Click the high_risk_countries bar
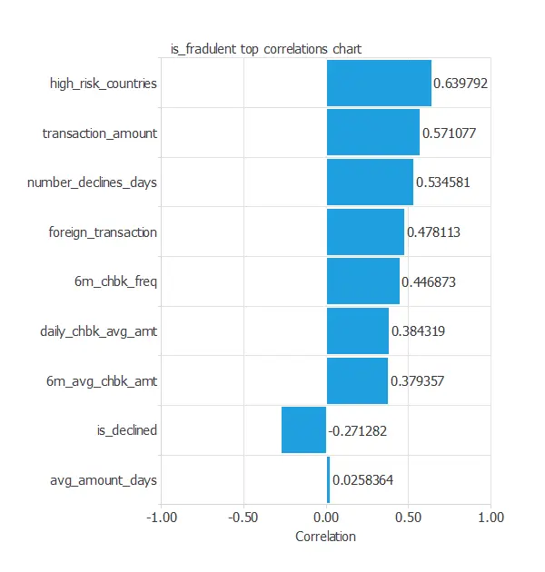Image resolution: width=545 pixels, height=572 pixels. pos(379,83)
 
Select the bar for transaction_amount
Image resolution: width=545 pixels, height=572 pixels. pos(372,133)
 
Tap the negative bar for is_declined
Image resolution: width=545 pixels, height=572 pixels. pos(303,429)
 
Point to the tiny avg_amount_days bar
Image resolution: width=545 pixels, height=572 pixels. pos(328,479)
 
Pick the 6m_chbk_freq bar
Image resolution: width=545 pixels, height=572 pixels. pos(362,281)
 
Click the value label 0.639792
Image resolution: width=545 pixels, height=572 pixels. pos(461,84)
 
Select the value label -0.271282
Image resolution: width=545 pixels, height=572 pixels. pos(357,430)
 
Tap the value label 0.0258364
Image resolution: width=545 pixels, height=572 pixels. pos(362,479)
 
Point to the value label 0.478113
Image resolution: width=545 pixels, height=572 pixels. pos(433,232)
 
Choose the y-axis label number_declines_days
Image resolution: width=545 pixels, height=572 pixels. pos(92,182)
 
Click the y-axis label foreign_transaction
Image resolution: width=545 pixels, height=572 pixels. pos(103,232)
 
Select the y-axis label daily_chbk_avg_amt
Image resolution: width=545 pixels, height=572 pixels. pos(98,331)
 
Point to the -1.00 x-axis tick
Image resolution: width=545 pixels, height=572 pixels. pos(161,517)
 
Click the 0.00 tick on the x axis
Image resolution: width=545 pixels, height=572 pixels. pos(326,517)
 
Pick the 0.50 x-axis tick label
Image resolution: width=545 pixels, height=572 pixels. pos(408,517)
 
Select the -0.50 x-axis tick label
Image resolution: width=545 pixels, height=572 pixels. pos(243,517)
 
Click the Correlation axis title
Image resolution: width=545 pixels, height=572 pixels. pos(326,537)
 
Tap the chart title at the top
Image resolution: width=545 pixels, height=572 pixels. pos(266,49)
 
